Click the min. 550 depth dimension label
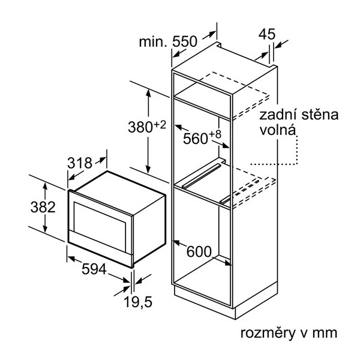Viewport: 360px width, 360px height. [168, 42]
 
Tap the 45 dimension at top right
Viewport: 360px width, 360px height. [267, 34]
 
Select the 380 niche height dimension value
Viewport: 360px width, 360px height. [140, 127]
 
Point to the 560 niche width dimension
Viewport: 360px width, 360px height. [196, 139]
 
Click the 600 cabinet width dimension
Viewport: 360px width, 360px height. [199, 251]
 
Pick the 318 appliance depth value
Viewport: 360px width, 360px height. [80, 163]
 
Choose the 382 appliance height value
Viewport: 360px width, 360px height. [43, 207]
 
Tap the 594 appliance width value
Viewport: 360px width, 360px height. [94, 269]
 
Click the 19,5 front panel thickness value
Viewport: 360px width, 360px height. [138, 302]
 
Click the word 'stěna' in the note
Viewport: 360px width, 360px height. [320, 115]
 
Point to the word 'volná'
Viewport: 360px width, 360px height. [277, 130]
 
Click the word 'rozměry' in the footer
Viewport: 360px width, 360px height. [268, 333]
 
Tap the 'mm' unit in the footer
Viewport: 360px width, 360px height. [325, 334]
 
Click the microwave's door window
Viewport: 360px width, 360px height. [100, 224]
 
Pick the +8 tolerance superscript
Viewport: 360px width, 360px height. [215, 135]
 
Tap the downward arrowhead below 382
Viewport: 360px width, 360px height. [45, 229]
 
